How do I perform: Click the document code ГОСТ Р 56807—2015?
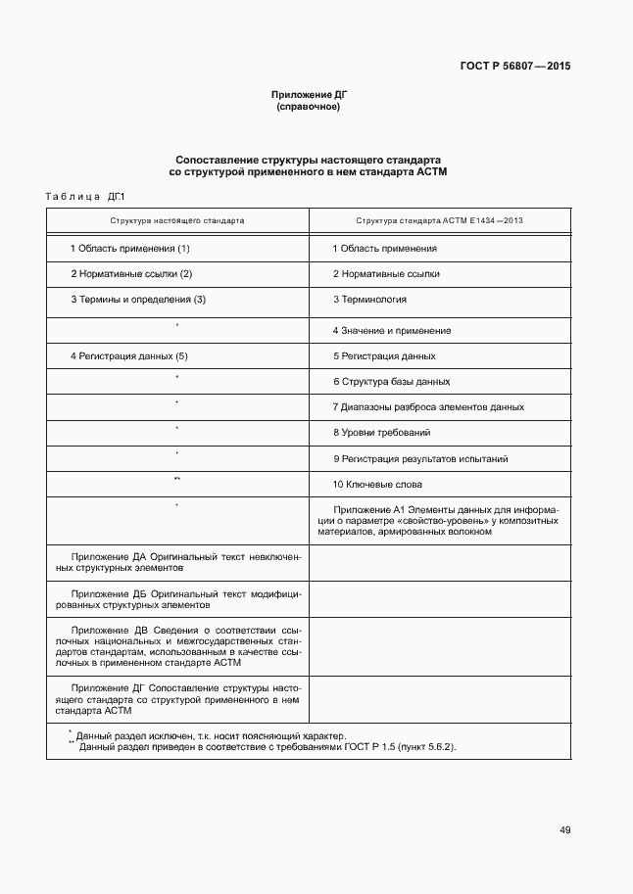coord(514,67)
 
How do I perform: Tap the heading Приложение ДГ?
coord(310,94)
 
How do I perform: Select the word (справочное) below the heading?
coord(310,107)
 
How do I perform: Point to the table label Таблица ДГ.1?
coord(86,197)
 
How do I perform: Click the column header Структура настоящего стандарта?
coord(177,221)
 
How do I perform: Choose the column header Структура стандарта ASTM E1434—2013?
coord(439,221)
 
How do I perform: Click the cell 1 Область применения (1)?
coord(129,249)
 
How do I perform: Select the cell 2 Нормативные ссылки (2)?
coord(131,274)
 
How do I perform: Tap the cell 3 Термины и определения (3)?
coord(138,300)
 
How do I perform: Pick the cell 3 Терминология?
coord(369,300)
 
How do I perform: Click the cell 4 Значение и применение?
coord(392,331)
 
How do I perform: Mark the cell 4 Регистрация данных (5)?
coord(128,356)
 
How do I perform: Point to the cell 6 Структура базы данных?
coord(391,382)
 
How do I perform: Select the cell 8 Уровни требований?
coord(381,433)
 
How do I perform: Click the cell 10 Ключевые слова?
coord(377,485)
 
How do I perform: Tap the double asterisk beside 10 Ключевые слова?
coord(176,479)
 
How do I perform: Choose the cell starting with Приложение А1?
coord(446,521)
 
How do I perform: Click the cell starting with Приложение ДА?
coord(177,561)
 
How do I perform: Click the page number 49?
coord(565,830)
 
